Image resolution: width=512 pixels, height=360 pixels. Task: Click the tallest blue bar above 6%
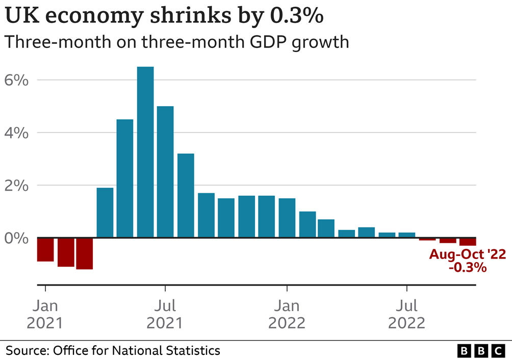tap(145, 152)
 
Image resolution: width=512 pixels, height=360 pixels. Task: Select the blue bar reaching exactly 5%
tap(165, 172)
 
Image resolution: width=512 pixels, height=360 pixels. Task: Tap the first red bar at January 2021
tap(45, 249)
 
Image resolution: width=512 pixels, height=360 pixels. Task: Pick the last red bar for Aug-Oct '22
tap(468, 242)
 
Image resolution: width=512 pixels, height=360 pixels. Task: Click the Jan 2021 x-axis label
tap(45, 314)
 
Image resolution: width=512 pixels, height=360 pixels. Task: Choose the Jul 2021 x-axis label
tap(165, 314)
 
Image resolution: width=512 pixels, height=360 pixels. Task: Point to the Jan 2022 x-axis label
tap(287, 314)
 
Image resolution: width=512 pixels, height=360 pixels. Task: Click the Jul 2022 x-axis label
tap(406, 314)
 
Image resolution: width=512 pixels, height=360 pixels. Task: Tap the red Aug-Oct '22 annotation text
tap(468, 254)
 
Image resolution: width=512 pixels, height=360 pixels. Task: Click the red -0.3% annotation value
tap(468, 267)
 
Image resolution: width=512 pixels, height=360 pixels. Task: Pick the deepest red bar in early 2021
tap(85, 253)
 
